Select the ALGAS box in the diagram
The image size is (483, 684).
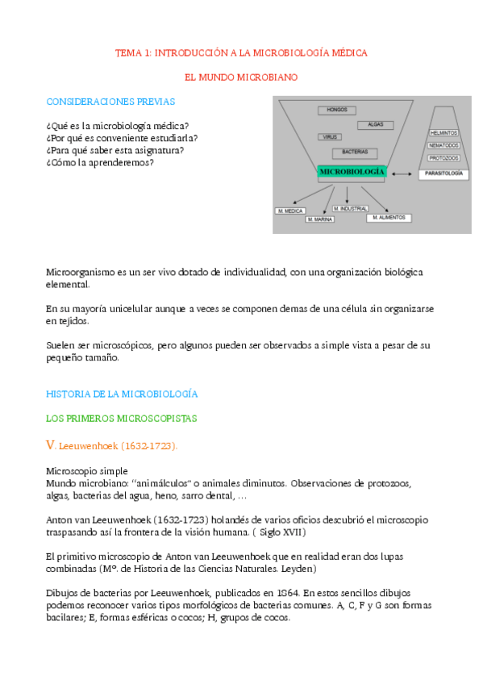[x=375, y=125]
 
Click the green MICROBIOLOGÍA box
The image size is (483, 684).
[x=352, y=172]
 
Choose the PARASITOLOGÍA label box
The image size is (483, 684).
[x=443, y=173]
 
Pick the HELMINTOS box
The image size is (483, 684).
[x=444, y=132]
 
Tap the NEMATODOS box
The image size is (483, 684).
[x=444, y=145]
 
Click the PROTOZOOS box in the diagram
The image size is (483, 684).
[x=444, y=158]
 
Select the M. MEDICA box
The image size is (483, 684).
[x=290, y=211]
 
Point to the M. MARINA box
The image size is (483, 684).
[x=320, y=219]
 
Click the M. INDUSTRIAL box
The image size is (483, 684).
[x=351, y=209]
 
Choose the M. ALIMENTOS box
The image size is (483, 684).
[x=389, y=218]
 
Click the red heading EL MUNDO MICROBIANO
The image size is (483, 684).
[x=242, y=77]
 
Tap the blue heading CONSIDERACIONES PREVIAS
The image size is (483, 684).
[x=110, y=102]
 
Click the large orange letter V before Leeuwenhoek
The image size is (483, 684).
[x=51, y=444]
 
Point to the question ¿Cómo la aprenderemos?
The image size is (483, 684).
[x=100, y=162]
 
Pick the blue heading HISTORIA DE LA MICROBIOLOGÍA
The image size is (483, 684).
[x=122, y=394]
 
